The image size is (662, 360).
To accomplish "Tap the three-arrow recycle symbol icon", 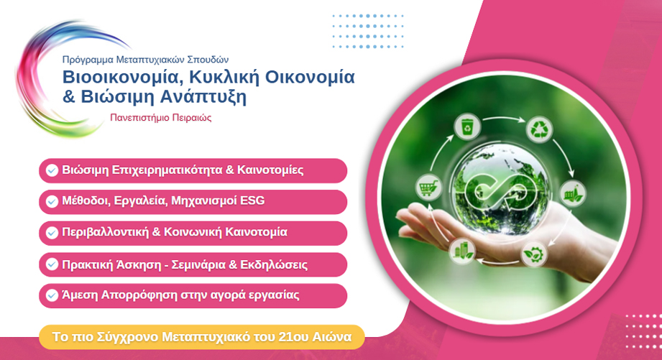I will (539, 129).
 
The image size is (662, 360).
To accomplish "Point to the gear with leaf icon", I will (533, 254).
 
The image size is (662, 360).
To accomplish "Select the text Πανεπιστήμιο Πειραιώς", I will (161, 117).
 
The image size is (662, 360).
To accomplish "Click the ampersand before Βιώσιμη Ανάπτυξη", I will (70, 96).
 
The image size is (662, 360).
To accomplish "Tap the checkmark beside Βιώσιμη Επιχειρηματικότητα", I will (52, 170).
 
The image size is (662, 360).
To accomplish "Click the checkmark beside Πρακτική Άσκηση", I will (52, 264).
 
